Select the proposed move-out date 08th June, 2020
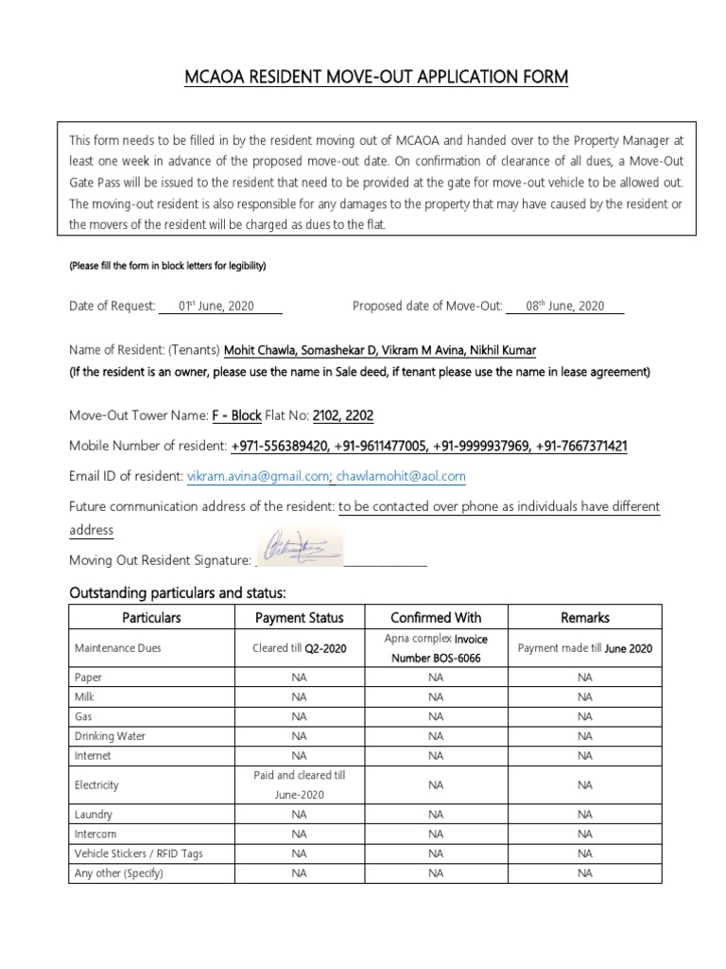[x=564, y=306]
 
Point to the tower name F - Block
[x=236, y=416]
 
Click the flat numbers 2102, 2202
[x=343, y=416]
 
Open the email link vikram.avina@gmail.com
[x=257, y=476]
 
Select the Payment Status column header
[x=300, y=617]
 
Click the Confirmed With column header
[x=435, y=617]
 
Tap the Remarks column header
[x=584, y=617]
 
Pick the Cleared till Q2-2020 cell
[x=300, y=648]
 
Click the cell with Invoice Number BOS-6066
[x=435, y=648]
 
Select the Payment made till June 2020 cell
[x=584, y=648]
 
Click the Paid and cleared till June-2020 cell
[x=300, y=784]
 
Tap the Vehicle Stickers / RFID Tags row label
[x=139, y=854]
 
